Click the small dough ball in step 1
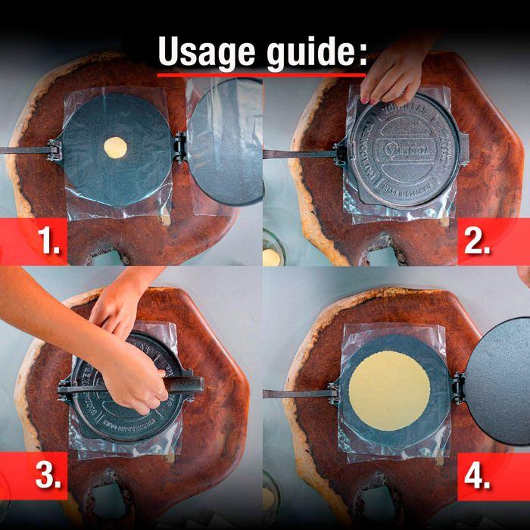pos(115,145)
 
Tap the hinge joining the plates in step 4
pos(457,387)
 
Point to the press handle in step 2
pos(299,154)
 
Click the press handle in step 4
pos(295,394)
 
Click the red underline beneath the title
pos(261,74)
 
